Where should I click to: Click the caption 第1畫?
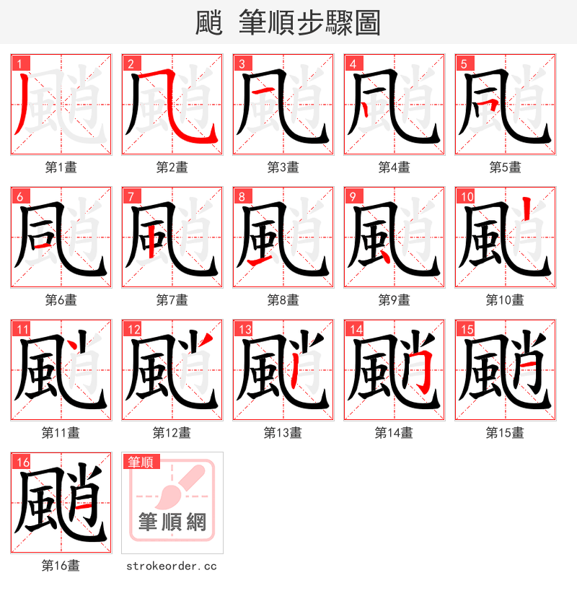click(61, 167)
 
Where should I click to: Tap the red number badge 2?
click(131, 63)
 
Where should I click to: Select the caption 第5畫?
click(505, 167)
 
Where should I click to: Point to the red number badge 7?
click(131, 196)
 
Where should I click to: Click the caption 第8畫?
click(283, 300)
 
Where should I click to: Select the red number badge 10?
click(466, 196)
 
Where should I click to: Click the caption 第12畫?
click(172, 433)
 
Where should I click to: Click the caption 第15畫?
click(505, 433)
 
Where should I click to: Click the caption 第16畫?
click(61, 566)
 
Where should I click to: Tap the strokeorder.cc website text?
click(172, 566)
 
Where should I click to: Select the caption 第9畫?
click(394, 300)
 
